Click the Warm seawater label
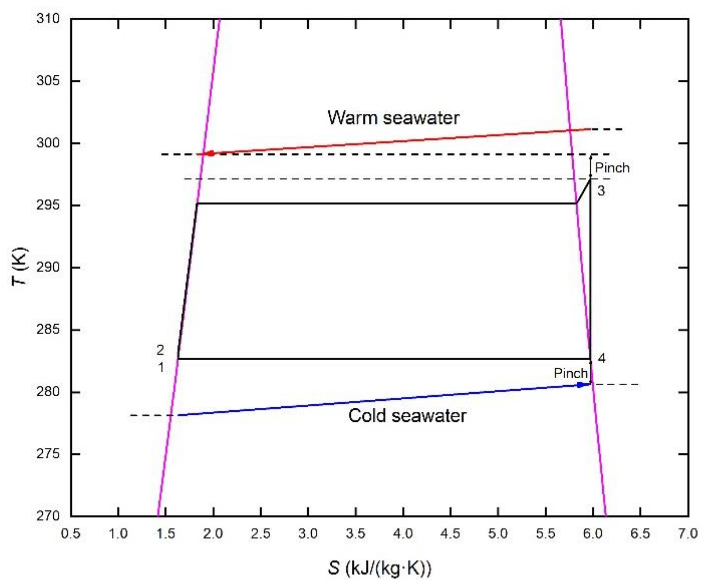click(393, 118)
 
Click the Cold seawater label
click(407, 416)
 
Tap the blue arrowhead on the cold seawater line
click(581, 385)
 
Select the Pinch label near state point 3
click(612, 168)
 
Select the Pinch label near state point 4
click(570, 373)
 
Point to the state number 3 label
click(601, 191)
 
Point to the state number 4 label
click(601, 358)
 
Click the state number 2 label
click(160, 350)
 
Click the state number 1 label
click(161, 367)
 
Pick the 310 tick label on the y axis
click(48, 18)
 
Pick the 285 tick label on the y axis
click(48, 329)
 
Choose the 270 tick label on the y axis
click(48, 516)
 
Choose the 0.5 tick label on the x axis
click(71, 534)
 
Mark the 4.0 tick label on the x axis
click(403, 534)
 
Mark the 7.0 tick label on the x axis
click(687, 534)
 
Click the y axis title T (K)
click(19, 266)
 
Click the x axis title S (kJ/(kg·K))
click(379, 567)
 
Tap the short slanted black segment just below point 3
click(584, 191)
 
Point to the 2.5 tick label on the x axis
click(261, 534)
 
